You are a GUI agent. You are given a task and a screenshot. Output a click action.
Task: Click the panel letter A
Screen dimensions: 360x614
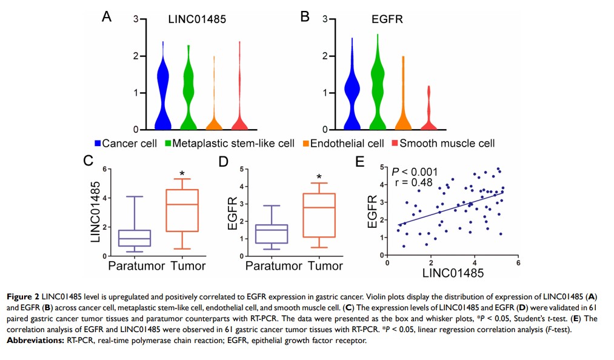106,17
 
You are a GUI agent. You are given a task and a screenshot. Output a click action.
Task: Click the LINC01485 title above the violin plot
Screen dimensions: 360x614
197,19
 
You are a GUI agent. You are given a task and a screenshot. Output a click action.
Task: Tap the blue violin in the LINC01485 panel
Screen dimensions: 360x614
161,91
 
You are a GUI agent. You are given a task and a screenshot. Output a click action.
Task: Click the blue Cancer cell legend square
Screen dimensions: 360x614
98,144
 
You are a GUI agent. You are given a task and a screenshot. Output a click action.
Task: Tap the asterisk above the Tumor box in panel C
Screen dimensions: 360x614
182,173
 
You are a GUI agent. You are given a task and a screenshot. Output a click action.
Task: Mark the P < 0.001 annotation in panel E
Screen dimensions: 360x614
415,172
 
